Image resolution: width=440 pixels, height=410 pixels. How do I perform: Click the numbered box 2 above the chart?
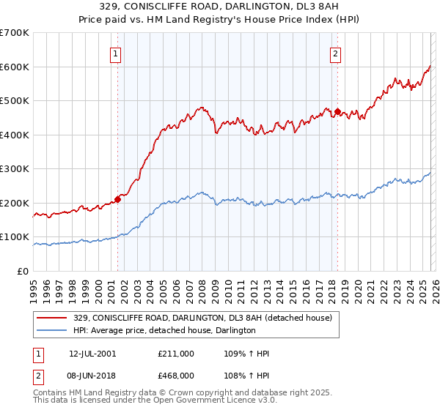[335, 53]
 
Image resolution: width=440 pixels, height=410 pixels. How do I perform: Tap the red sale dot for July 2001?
[117, 199]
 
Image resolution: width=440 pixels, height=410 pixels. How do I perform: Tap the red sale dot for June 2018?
[337, 112]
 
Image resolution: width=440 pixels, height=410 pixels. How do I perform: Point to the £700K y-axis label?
[15, 33]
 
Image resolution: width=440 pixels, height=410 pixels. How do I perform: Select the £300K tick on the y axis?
[15, 169]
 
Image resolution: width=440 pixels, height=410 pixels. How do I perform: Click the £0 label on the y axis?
[23, 271]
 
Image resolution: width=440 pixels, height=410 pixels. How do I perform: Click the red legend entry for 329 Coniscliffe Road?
[202, 318]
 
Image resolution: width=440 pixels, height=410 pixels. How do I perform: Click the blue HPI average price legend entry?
[164, 331]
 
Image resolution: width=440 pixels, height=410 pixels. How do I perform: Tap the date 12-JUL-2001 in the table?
[92, 354]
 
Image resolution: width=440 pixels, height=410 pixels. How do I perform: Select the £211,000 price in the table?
[176, 354]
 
